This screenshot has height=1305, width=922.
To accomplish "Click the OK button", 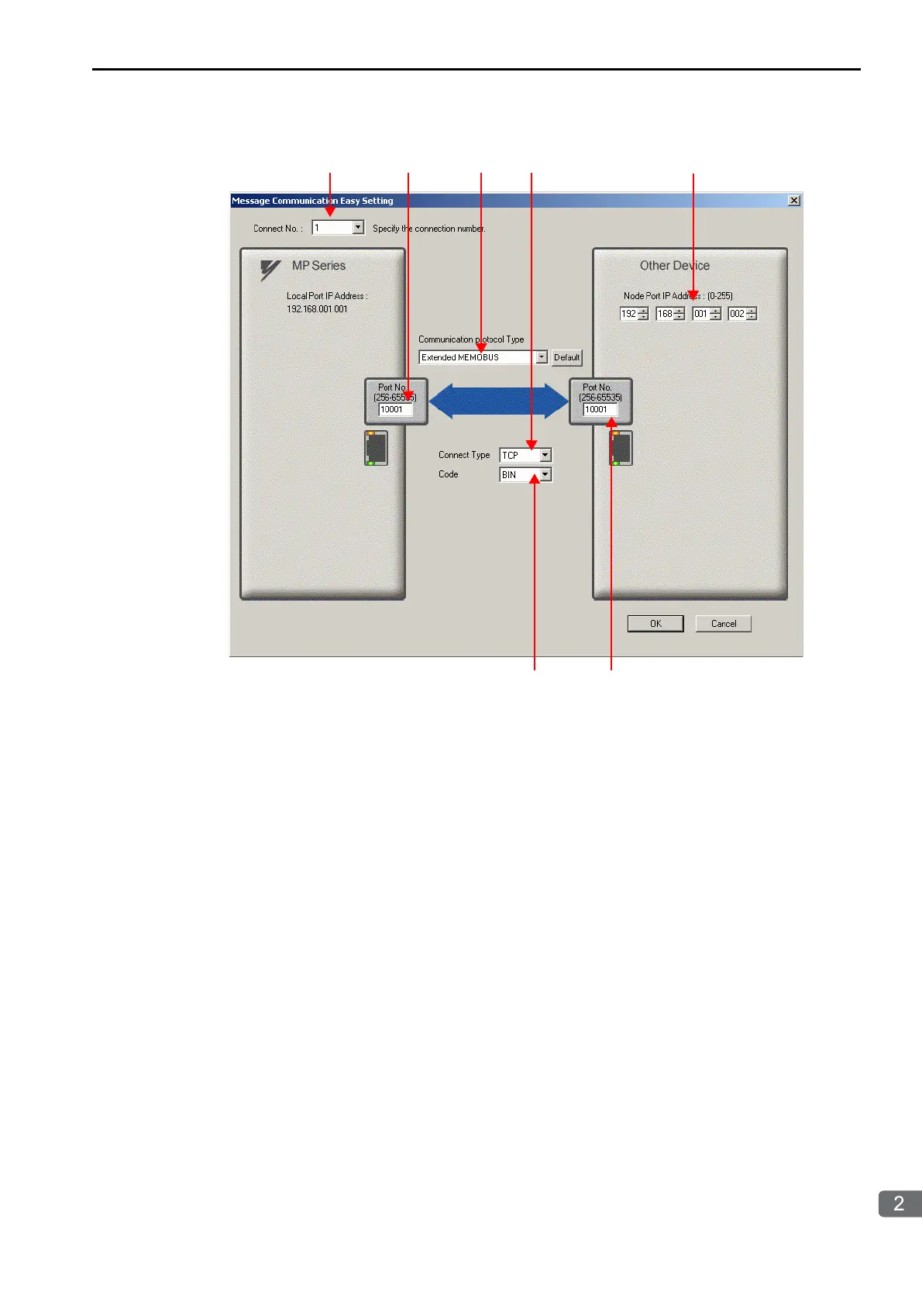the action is [655, 624].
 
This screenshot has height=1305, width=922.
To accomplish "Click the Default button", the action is [566, 357].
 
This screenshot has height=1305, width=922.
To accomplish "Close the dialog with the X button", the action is [794, 201].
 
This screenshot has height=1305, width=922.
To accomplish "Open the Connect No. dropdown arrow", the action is [358, 228].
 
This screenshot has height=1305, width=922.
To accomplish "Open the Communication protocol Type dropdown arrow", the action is [542, 357].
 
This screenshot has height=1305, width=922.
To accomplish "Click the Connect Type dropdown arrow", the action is [545, 455].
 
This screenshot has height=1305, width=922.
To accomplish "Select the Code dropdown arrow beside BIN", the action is [545, 474].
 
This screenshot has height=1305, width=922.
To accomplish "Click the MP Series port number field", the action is [394, 409].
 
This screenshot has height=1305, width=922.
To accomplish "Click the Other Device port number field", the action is [600, 409].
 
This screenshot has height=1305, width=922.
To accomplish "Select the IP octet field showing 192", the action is [628, 314].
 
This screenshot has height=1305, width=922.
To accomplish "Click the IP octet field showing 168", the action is [665, 314].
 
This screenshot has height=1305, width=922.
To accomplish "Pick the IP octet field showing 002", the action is [737, 314].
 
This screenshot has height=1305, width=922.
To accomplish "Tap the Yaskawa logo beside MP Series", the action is [270, 269].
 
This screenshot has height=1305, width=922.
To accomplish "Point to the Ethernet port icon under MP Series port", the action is [377, 448].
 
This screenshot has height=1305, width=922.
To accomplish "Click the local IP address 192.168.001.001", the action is [317, 309].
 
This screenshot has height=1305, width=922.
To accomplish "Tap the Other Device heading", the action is [674, 266].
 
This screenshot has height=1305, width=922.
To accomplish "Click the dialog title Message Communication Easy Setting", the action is [312, 201].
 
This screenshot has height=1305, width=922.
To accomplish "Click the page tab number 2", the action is [899, 1203].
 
